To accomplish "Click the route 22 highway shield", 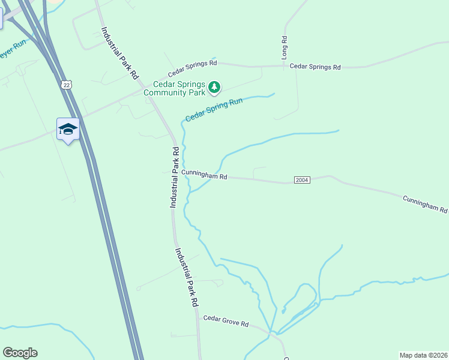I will click(x=65, y=85).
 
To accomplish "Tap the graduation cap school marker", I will click(x=68, y=129).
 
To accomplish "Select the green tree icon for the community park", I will click(x=214, y=88).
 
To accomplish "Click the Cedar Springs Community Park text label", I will click(x=179, y=88).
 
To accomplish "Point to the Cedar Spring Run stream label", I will click(x=214, y=110).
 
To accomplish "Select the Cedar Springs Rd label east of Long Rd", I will click(x=315, y=67).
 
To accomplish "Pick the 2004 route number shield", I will click(x=302, y=181).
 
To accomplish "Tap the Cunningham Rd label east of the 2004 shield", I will click(x=425, y=204).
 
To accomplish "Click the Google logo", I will click(x=20, y=353).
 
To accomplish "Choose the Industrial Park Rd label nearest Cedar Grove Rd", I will click(x=187, y=278).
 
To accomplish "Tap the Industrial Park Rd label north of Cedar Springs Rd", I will click(x=120, y=53).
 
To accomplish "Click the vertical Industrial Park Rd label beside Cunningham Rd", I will click(x=174, y=178).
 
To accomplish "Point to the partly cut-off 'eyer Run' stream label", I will click(x=12, y=52).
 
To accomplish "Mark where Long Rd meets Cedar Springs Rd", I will click(x=285, y=66).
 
